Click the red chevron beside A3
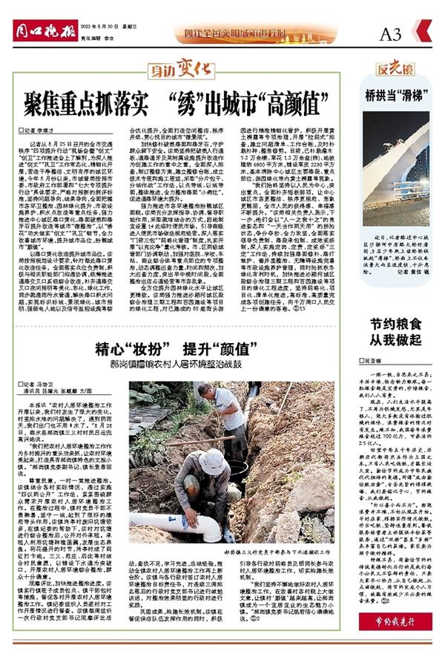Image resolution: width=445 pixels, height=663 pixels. (425, 33)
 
